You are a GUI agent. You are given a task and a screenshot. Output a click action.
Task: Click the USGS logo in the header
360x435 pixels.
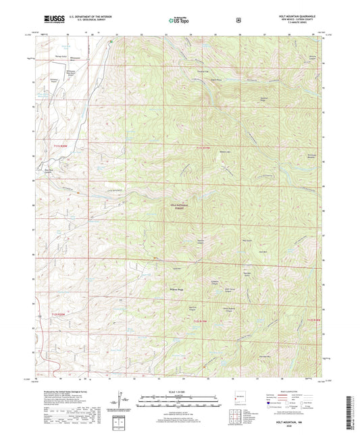pyautogui.click(x=50, y=20)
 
